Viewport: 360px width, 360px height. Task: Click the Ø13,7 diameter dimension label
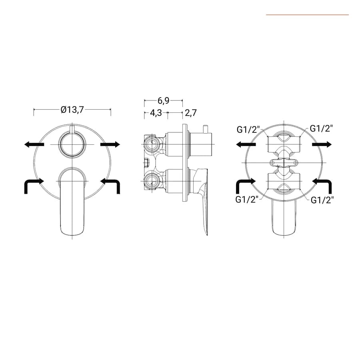click(x=72, y=110)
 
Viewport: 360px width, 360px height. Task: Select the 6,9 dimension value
click(x=163, y=100)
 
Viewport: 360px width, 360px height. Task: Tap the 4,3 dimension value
click(x=156, y=113)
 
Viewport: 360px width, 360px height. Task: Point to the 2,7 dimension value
click(x=191, y=113)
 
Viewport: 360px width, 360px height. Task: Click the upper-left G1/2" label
click(x=248, y=130)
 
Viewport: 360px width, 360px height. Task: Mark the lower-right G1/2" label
click(x=322, y=200)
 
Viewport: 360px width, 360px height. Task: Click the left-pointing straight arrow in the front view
click(x=34, y=144)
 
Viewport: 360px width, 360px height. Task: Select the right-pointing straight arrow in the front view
click(x=110, y=144)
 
